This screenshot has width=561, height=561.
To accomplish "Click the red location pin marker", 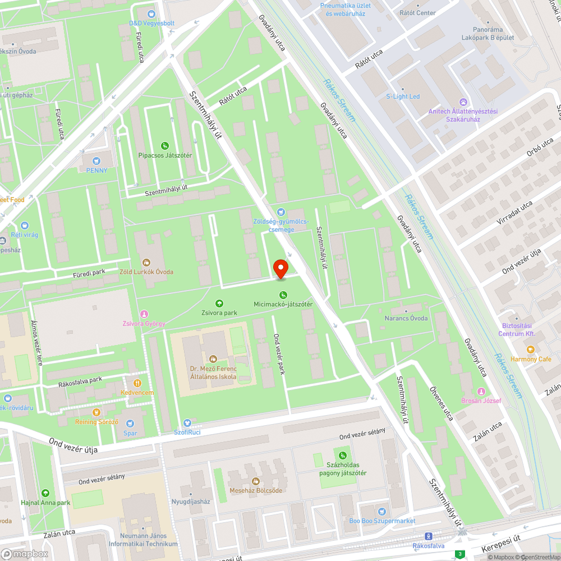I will pos(280,268).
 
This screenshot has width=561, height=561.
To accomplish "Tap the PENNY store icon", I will pos(95,160).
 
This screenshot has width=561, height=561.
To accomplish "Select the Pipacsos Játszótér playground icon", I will pos(164,146).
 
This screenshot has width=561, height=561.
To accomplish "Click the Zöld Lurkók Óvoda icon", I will pos(147,262).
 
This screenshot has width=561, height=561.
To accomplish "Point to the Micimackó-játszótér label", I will pos(283,304).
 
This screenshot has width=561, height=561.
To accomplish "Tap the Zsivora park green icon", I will pos(219,303).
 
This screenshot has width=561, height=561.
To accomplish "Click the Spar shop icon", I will pos(130,424).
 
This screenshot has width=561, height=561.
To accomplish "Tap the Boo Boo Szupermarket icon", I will pos(382,511).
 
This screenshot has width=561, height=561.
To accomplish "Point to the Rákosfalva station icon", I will pos(429,536).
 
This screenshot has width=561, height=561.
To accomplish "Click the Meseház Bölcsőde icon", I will pos(256,481).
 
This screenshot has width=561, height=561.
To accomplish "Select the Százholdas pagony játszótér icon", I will pos(342,455).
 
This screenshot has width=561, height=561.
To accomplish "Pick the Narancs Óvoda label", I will pos(406,318).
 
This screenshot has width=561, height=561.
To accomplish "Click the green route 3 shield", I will pos(459,555).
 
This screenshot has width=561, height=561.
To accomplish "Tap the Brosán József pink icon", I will pos(480,391).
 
